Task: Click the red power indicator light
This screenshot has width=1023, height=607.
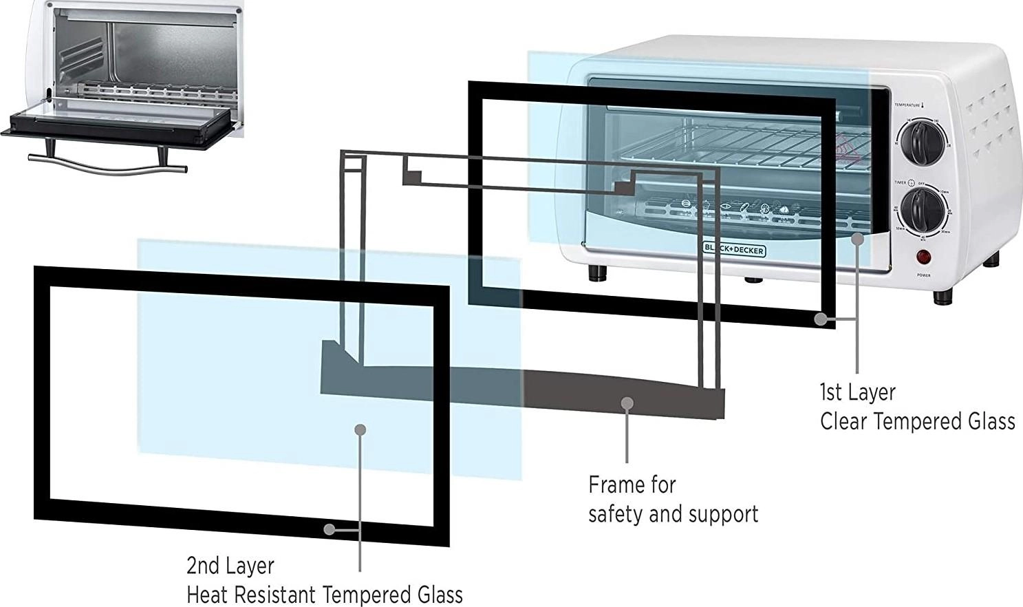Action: click(x=923, y=257)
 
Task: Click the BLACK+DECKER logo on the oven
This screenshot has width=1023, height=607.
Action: click(x=734, y=249)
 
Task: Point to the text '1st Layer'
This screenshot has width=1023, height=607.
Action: click(x=857, y=392)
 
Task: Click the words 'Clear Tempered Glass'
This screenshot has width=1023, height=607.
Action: click(x=917, y=421)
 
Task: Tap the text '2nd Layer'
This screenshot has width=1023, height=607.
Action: click(x=230, y=566)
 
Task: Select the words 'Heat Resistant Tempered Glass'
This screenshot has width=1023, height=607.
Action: click(x=324, y=595)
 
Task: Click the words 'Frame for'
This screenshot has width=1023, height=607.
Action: click(x=632, y=485)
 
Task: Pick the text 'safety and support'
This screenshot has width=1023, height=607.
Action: click(x=673, y=514)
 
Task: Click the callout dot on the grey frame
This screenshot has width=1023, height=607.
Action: click(x=627, y=403)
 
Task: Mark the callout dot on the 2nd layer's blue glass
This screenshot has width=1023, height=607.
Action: click(x=360, y=429)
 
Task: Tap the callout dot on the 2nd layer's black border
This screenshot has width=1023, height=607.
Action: click(x=330, y=529)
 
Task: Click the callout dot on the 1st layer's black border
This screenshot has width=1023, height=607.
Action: click(x=820, y=319)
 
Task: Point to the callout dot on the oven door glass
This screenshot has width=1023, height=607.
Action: click(x=857, y=238)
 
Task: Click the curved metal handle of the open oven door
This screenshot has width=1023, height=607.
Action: click(x=107, y=166)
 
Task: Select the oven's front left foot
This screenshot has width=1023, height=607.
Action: click(x=598, y=273)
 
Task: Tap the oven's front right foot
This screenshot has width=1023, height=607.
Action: click(x=943, y=297)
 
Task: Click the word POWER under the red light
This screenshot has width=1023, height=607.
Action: click(x=923, y=275)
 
